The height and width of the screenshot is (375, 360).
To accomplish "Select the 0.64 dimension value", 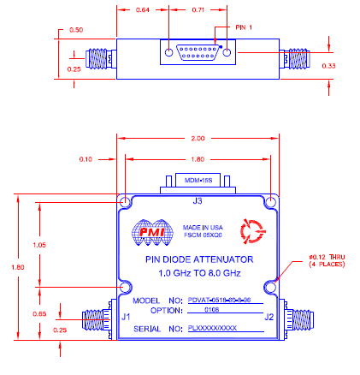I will point(142,10).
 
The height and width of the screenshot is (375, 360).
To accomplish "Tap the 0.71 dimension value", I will point(198,10).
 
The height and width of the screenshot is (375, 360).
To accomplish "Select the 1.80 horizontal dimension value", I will point(198,158).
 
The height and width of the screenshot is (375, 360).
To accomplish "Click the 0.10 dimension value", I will point(85,158).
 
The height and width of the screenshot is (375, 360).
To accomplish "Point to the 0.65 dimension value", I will point(39,314).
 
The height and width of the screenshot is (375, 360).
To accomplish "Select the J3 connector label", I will point(198,202).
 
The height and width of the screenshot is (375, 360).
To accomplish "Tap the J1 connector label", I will point(126,318).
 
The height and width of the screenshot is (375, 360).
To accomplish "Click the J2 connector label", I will point(269,318).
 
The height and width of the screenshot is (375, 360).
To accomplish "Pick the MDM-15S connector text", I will point(198,182).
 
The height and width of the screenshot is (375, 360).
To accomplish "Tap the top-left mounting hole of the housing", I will point(125,202).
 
